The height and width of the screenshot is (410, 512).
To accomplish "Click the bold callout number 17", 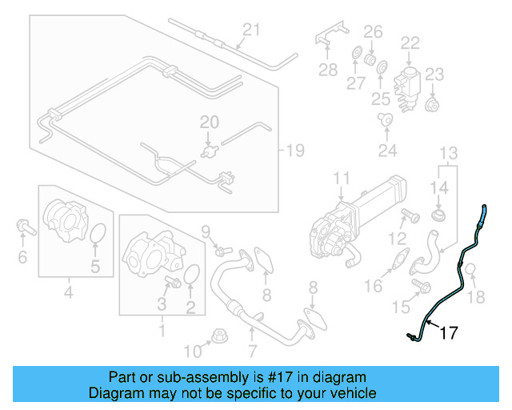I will pyautogui.click(x=449, y=332).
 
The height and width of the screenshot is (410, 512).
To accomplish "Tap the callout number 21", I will pyautogui.click(x=252, y=30).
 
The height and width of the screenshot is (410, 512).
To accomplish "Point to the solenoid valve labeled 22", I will pyautogui.click(x=410, y=78).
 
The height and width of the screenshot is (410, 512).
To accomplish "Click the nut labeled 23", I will pyautogui.click(x=433, y=104).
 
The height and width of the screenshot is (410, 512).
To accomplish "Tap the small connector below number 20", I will pyautogui.click(x=211, y=149).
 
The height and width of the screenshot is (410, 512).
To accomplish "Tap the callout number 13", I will pyautogui.click(x=448, y=152).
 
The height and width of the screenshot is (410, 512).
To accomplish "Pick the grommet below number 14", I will pyautogui.click(x=438, y=217).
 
